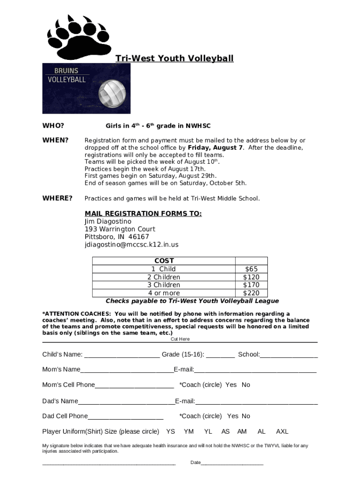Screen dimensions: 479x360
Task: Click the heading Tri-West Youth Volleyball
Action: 174,58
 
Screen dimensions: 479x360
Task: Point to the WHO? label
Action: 53,126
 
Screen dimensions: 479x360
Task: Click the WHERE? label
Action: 58,198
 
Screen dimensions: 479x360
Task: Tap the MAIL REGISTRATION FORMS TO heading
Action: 143,214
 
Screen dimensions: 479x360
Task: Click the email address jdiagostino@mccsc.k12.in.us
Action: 131,245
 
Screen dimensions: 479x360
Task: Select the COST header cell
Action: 164,261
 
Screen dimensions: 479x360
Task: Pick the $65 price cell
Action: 251,269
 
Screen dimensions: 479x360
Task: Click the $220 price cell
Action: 251,293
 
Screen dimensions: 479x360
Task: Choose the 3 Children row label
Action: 164,285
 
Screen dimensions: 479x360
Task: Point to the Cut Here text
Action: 180,339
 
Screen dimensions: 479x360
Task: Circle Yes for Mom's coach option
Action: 231,385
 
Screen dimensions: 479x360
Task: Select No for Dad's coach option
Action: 246,416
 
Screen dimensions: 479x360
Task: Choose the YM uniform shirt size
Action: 189,431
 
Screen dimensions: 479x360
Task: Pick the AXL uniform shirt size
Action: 282,431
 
